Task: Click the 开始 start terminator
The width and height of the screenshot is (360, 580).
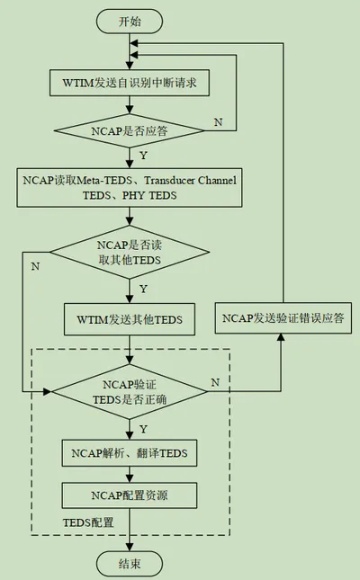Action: coord(130,22)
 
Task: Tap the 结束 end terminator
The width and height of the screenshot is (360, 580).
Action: coord(130,564)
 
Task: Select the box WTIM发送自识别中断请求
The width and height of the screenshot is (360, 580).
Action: coord(130,83)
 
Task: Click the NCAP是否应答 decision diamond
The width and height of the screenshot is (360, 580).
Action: coord(130,130)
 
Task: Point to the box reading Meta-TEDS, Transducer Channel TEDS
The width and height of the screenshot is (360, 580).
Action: coord(130,188)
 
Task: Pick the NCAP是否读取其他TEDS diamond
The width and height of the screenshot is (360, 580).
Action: coord(130,253)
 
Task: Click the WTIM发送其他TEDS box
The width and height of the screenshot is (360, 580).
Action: coord(130,319)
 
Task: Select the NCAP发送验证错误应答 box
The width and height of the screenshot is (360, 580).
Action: coord(283,317)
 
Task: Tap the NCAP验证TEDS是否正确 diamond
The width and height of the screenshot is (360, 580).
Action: coord(130,391)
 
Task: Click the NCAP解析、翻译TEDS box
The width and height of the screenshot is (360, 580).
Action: coord(130,452)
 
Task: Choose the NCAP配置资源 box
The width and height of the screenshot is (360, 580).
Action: coord(130,495)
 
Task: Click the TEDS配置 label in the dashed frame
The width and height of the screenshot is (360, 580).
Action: coord(88,522)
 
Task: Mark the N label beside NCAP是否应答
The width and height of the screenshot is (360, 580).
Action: coord(218,121)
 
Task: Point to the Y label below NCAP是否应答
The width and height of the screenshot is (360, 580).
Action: coord(143,155)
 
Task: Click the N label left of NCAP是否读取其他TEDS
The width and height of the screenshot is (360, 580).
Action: coord(35,266)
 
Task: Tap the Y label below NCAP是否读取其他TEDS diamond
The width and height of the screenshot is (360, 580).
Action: coord(143,289)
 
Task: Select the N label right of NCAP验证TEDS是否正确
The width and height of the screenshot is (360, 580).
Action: coord(215,382)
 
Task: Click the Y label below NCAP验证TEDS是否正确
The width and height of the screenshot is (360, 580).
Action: coord(143,429)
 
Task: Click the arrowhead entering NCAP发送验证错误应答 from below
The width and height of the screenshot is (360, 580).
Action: coord(281,337)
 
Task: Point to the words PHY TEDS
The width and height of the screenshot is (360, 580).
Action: coord(149,195)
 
